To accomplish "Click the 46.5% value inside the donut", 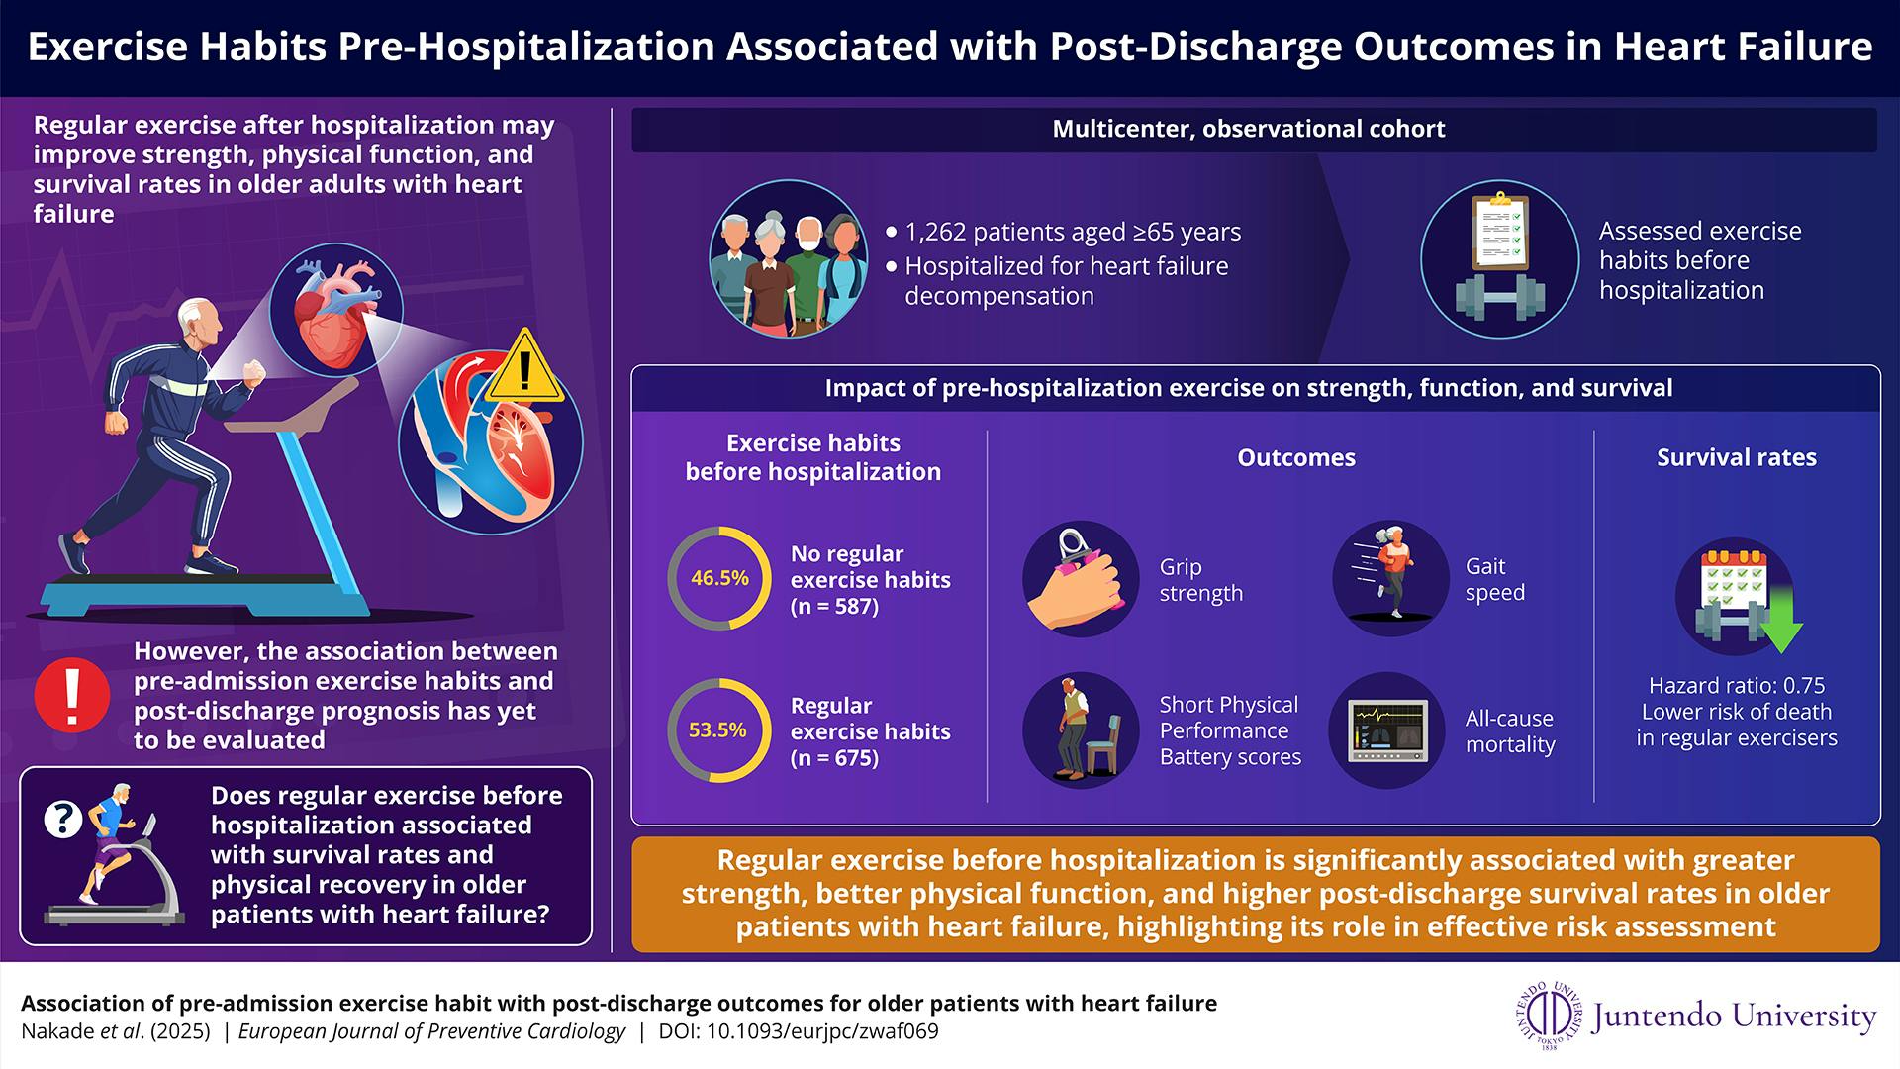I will [719, 578].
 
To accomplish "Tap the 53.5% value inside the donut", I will [717, 730].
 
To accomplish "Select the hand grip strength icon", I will [1080, 579].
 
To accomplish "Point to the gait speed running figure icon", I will [1389, 578].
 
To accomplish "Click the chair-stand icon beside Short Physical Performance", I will [1080, 730].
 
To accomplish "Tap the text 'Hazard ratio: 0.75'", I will [1737, 685].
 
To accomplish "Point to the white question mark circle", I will [64, 819].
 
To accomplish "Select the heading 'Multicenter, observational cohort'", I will [1249, 129].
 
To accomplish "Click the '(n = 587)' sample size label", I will [834, 606].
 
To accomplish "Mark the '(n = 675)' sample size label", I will [834, 758].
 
